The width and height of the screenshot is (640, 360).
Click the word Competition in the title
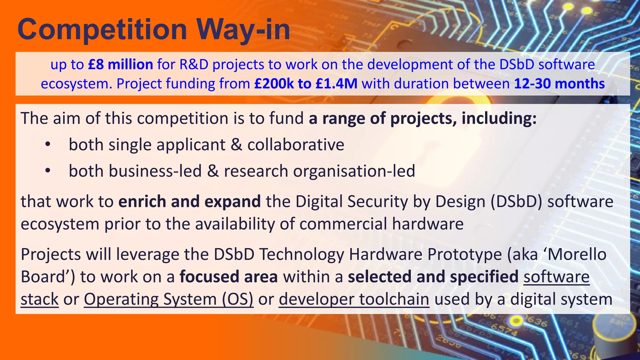[x=102, y=30]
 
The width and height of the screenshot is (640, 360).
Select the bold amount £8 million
[x=121, y=65]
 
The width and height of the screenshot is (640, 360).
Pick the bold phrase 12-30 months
[x=559, y=84]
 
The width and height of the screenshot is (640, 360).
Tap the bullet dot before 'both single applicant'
[x=47, y=145]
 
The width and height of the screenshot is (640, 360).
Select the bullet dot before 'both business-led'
[x=47, y=171]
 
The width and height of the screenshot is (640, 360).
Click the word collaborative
[x=296, y=145]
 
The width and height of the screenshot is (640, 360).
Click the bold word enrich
[x=142, y=201]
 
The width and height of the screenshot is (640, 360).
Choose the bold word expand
[x=232, y=201]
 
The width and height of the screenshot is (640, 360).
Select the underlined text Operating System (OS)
[x=168, y=299]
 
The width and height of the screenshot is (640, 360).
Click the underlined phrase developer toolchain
[x=354, y=299]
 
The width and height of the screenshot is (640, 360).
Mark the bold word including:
[x=499, y=118]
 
